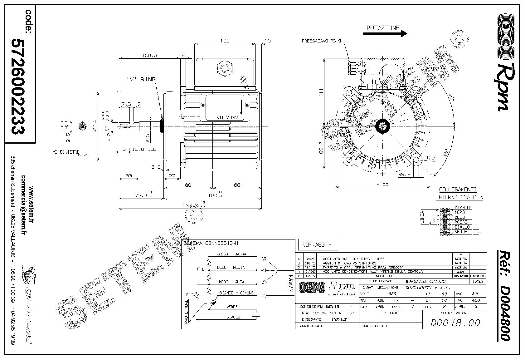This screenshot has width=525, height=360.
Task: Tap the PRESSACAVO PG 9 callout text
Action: pos(321,41)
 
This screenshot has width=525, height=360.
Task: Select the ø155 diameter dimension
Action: pos(383,184)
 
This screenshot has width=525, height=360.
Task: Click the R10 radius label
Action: pos(430,158)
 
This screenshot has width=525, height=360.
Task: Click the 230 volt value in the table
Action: pos(392,294)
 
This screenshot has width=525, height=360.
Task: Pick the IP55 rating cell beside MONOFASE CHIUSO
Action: pos(478,281)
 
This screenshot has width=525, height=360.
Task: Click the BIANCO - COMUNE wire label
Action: pos(236,293)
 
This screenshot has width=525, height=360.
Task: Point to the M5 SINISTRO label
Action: pos(66,152)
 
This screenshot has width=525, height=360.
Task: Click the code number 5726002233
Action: pos(18,86)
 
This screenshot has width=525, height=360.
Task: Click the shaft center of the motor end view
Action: pos(382,126)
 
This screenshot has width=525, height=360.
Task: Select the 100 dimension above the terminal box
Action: pos(224,41)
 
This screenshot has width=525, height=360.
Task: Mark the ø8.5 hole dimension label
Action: pos(405,175)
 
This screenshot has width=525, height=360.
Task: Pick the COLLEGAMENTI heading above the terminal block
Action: pos(458,190)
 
